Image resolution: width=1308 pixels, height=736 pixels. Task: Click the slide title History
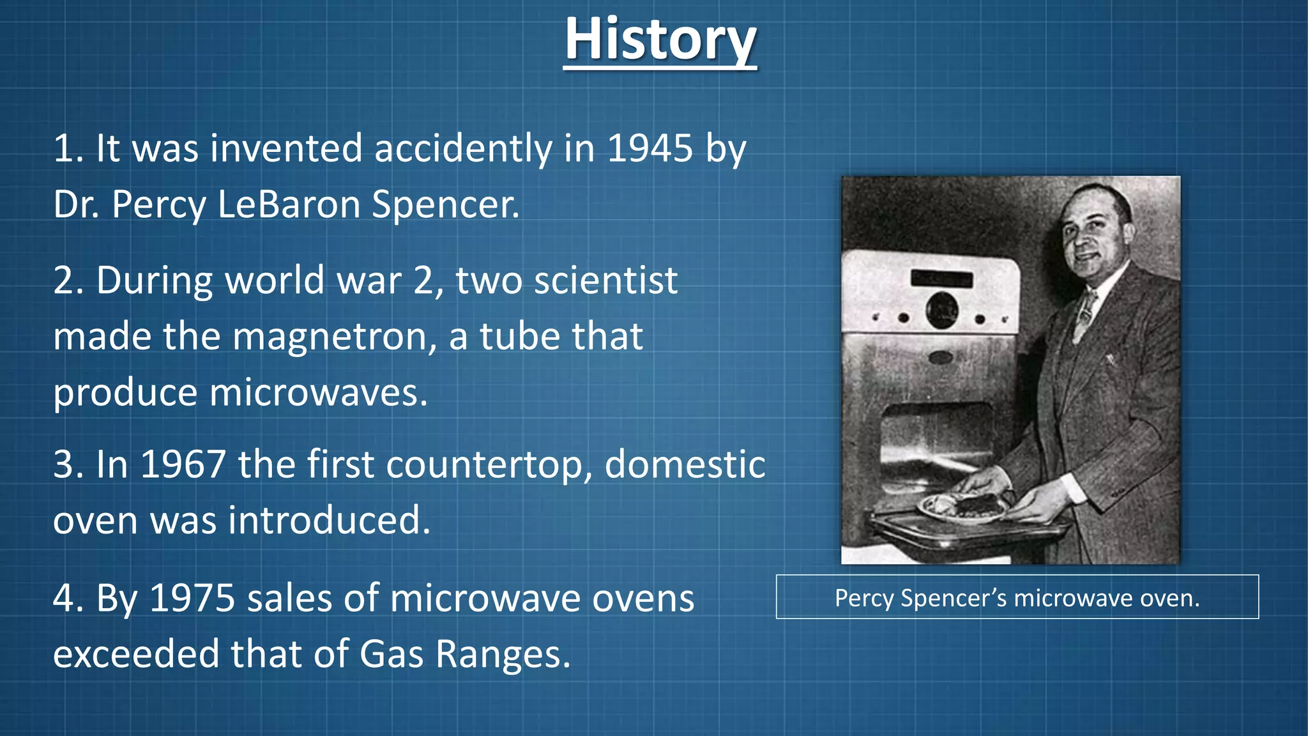tap(660, 40)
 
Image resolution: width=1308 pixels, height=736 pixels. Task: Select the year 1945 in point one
tap(650, 148)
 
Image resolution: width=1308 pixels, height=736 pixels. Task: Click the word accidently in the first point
tap(463, 149)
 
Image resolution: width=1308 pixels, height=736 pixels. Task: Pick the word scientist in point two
tap(605, 280)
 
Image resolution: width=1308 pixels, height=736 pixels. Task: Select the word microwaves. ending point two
tap(318, 392)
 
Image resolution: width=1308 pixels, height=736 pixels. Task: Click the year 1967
tap(183, 464)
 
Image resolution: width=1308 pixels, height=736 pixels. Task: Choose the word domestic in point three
tap(685, 464)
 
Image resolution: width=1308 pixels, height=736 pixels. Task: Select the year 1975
tap(192, 599)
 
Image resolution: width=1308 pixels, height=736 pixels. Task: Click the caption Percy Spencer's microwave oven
tap(1017, 598)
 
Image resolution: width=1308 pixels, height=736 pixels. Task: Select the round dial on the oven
tap(942, 309)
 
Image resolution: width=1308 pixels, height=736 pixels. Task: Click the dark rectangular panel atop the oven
tap(941, 279)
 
